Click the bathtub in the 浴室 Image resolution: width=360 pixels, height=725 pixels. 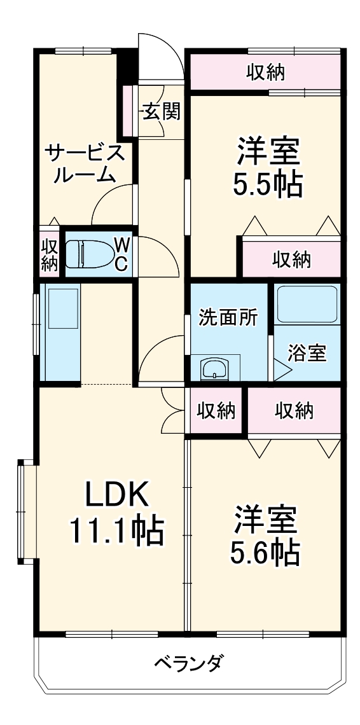pyautogui.click(x=307, y=306)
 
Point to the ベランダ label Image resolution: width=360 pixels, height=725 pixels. pyautogui.click(x=188, y=665)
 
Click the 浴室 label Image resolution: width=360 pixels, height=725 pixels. pyautogui.click(x=307, y=354)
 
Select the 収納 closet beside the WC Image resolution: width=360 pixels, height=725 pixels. pyautogui.click(x=50, y=254)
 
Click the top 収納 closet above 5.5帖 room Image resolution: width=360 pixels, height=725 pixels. pyautogui.click(x=265, y=72)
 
